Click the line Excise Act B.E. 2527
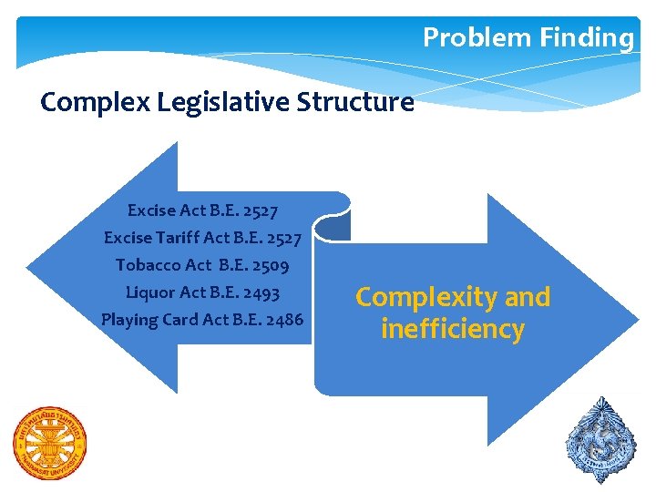[202, 210]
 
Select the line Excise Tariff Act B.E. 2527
[202, 238]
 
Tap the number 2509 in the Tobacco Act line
[268, 265]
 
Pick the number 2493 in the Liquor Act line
[260, 292]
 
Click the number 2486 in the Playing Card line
[282, 320]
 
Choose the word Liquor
[150, 292]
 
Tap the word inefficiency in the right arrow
[452, 329]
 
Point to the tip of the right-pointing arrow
[639, 319]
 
